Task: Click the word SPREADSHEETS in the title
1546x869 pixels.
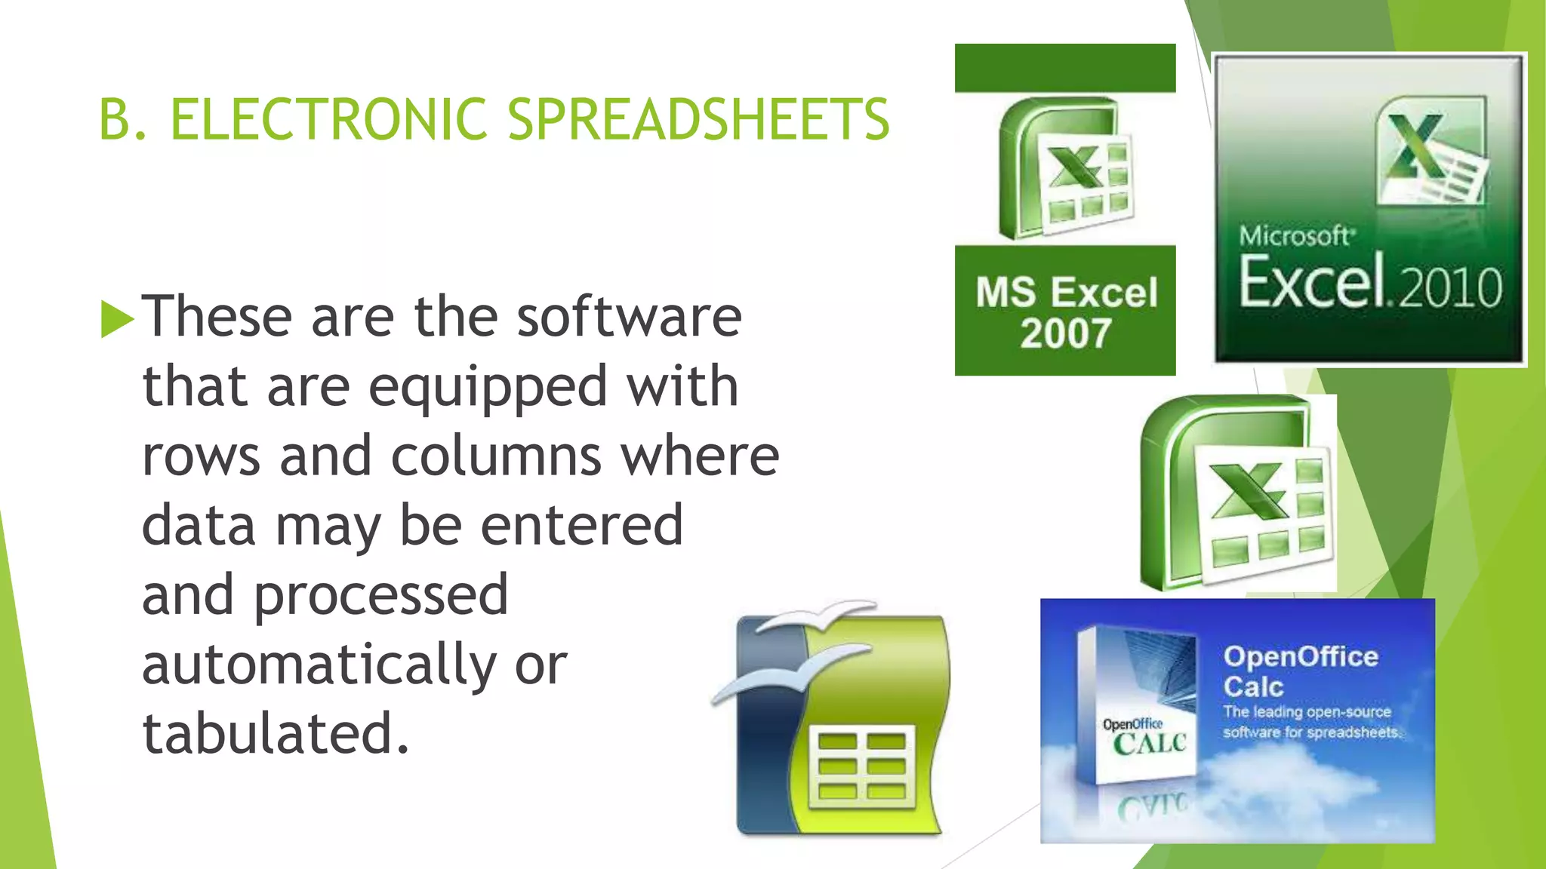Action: pos(699,119)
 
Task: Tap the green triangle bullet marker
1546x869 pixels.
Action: pos(116,318)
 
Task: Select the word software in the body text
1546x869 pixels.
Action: pos(629,316)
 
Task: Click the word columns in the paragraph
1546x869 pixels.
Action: pos(496,456)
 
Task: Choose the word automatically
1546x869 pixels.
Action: pos(319,665)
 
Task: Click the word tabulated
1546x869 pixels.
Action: pos(276,733)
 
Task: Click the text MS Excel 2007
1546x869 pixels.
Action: pos(1065,312)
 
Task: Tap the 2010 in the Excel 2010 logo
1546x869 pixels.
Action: pos(1450,287)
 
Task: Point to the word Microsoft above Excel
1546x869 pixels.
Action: pos(1295,236)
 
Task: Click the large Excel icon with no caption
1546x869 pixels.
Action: pos(1238,493)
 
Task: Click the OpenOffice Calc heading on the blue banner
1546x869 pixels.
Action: pos(1300,671)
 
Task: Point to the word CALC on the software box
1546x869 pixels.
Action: pos(1150,744)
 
